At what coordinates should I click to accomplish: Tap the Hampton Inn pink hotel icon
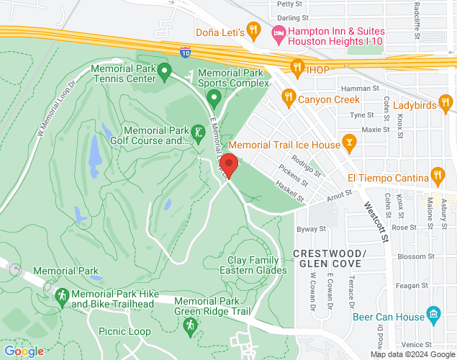pos(278,32)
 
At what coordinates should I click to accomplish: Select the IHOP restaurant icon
pos(296,68)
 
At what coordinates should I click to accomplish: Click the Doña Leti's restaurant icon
pos(253,30)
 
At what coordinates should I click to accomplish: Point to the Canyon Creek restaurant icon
pos(288,96)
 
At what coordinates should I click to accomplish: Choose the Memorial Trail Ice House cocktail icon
pos(350,142)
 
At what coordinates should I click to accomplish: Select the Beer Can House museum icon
pos(433,314)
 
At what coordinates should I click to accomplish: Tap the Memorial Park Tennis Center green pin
pos(164,71)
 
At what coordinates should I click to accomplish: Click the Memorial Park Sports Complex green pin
pos(214,96)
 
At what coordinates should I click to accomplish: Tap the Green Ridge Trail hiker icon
pos(190,326)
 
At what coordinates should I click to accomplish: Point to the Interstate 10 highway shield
pos(186,52)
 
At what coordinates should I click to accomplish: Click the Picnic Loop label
pos(125,331)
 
